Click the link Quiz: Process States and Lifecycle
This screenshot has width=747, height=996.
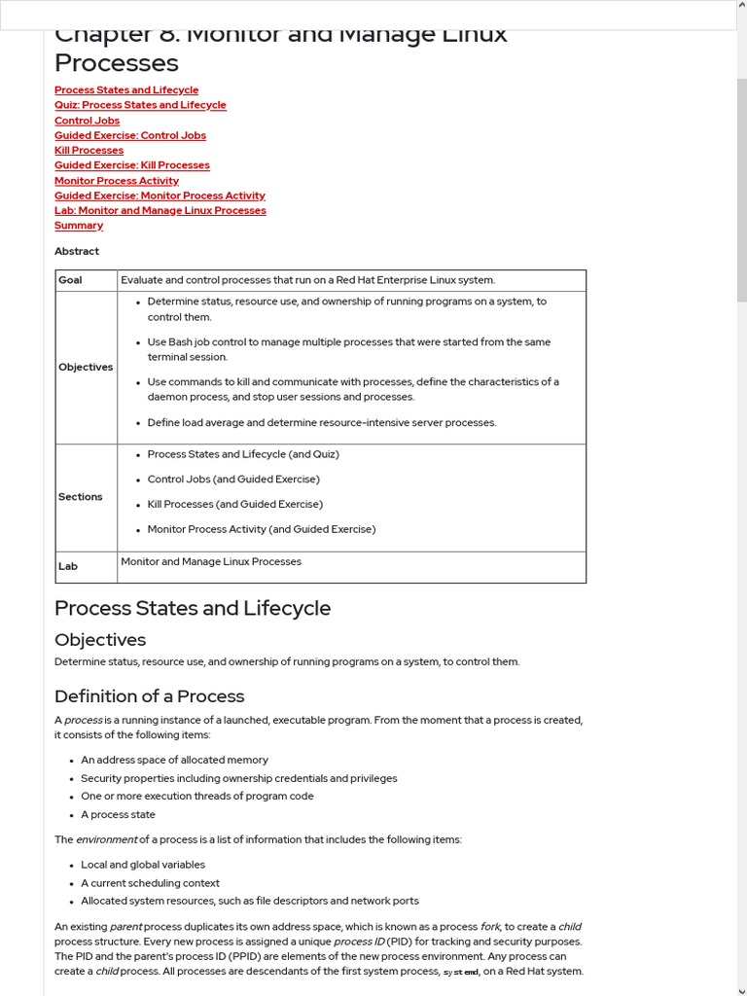coord(140,105)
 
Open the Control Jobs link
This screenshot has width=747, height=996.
coord(88,121)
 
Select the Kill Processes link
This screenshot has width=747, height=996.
coord(89,151)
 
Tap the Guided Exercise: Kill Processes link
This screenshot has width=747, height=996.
coord(132,165)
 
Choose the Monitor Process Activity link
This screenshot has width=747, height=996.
coord(117,181)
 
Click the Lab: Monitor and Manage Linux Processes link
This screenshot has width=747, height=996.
coord(160,210)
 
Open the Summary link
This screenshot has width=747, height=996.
coord(79,226)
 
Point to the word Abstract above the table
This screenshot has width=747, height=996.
coord(77,251)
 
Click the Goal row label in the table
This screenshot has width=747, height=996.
coord(70,280)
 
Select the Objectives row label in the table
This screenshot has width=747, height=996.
coord(86,367)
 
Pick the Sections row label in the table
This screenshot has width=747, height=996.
coord(80,497)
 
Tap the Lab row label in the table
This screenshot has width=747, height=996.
coord(68,566)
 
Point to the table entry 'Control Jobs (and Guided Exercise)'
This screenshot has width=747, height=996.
coord(233,480)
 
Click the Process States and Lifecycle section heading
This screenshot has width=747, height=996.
coord(193,608)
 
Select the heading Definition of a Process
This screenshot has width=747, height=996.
coord(149,696)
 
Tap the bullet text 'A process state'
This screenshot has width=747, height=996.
coord(118,815)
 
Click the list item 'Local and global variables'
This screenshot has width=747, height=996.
coord(143,865)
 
